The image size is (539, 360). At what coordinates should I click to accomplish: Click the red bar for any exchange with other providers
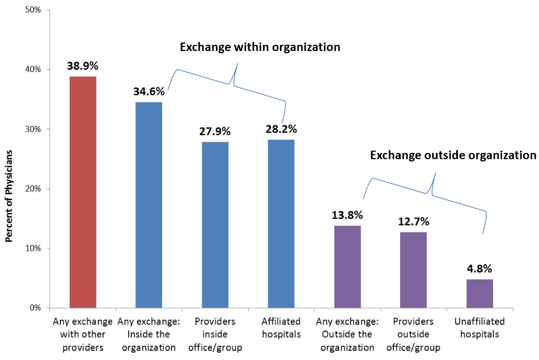[x=82, y=192]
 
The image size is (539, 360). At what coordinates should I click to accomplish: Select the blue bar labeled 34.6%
[x=148, y=205]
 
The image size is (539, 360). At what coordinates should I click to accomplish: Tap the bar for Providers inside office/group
[x=215, y=225]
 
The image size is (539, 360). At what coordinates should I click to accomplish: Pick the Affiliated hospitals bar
[x=281, y=223]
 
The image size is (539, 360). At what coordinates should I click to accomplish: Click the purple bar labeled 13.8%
[x=347, y=266]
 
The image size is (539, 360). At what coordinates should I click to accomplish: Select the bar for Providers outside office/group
[x=413, y=270]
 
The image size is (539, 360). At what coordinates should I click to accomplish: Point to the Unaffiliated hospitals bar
[x=479, y=293]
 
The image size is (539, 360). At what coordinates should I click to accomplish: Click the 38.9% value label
[x=83, y=66]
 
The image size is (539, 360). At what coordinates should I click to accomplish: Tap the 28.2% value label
[x=281, y=129]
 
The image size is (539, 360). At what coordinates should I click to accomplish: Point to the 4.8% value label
[x=479, y=268]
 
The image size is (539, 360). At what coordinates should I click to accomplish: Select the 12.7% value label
[x=413, y=221]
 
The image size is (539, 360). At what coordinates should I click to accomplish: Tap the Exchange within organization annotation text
[x=260, y=47]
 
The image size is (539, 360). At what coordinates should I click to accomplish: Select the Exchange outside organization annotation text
[x=452, y=155]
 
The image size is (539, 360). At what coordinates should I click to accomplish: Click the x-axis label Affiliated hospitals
[x=281, y=328]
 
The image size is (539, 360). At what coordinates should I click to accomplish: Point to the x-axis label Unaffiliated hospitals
[x=479, y=328]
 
